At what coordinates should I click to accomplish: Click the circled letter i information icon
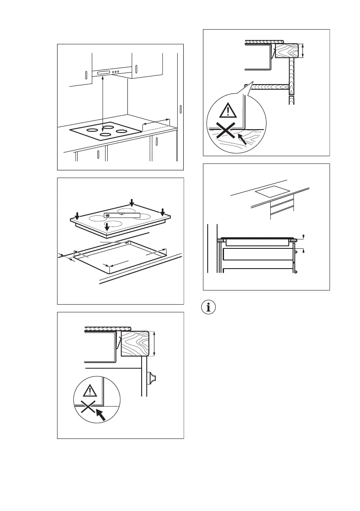[x=210, y=308]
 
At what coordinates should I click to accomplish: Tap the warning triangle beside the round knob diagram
[x=90, y=391]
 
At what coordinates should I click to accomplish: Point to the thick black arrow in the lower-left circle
[x=100, y=415]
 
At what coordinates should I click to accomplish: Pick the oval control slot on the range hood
[x=105, y=74]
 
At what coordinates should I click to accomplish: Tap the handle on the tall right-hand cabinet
[x=181, y=109]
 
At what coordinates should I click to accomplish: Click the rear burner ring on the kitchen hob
[x=108, y=126]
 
